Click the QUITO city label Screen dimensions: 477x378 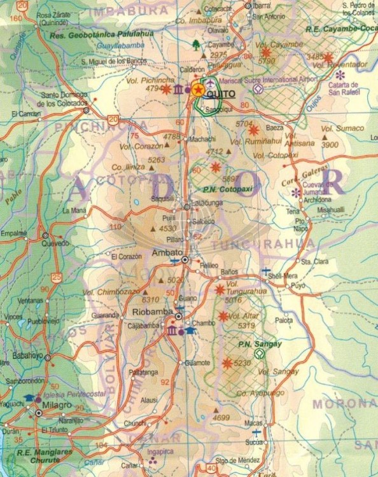point(221,94)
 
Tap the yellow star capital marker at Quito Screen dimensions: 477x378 point(198,90)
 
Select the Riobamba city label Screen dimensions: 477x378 point(150,312)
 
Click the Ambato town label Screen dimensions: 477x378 point(164,252)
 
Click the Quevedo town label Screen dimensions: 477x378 point(55,243)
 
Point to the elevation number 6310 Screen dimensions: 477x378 point(150,300)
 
